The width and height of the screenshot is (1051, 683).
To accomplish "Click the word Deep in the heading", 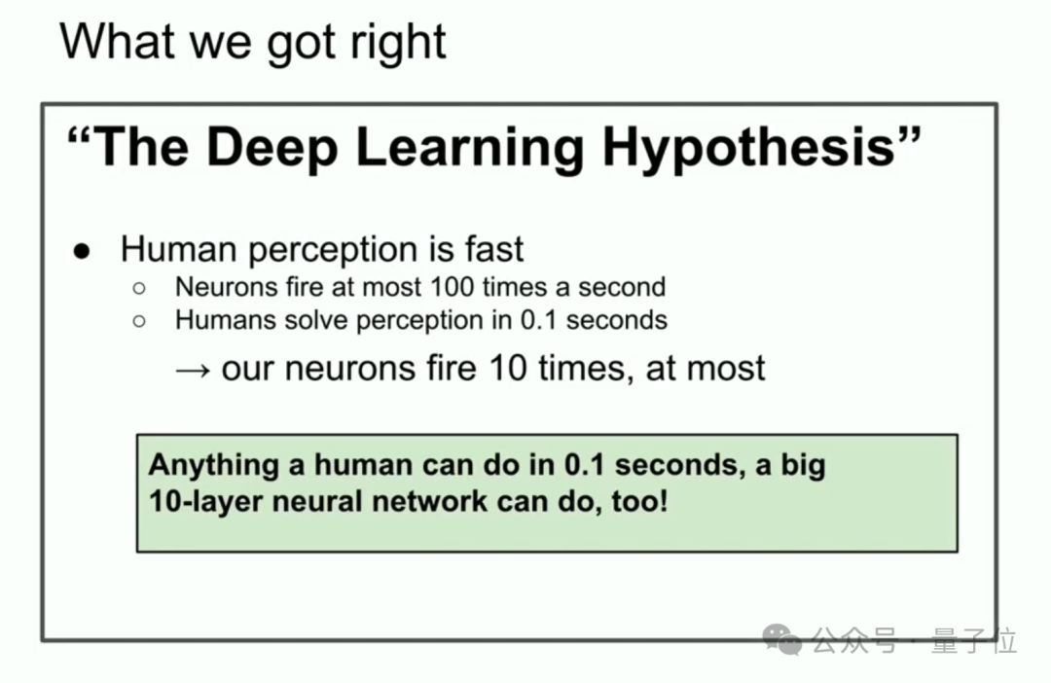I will coord(272,147).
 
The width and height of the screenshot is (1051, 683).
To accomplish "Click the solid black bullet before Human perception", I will coord(82,251).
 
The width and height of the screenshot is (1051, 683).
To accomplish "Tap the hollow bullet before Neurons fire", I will coord(139,288).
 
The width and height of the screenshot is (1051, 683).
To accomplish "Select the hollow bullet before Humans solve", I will coord(139,321).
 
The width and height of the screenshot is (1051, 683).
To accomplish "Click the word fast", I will coord(493,250).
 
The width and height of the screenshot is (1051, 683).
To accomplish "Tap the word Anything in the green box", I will coord(213,465).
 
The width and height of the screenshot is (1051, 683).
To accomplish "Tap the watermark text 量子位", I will coord(974,640).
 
